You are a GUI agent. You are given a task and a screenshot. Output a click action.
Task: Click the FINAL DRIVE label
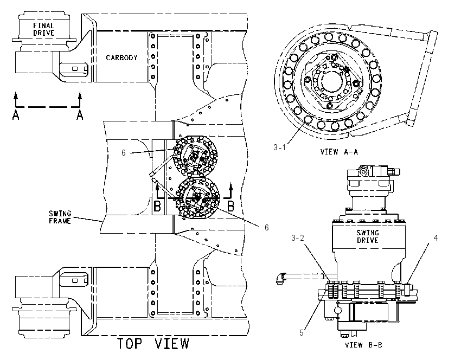[43, 29]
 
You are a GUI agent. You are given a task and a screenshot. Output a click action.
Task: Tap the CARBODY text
[121, 57]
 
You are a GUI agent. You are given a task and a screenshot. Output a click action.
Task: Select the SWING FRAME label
[60, 217]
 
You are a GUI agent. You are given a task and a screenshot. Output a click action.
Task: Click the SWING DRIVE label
[368, 236]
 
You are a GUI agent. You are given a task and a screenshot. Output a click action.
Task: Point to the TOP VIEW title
[153, 343]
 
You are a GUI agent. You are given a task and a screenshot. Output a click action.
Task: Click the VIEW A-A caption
[339, 152]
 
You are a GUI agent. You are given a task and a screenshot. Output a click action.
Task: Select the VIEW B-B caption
[363, 345]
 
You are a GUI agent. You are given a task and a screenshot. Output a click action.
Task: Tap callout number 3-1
[279, 147]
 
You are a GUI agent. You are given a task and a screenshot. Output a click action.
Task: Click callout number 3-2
[298, 238]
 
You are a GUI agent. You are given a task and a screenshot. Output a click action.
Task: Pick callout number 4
[436, 238]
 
